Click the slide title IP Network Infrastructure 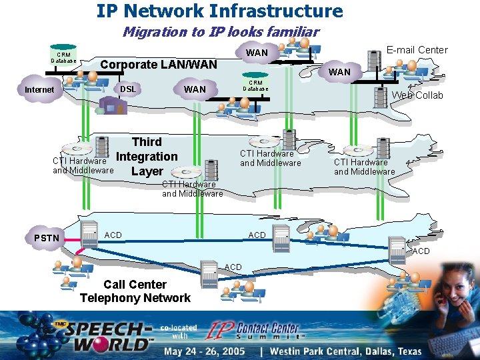click(x=219, y=11)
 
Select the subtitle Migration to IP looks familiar click(x=221, y=31)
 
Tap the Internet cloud click(x=40, y=90)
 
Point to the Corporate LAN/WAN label click(x=158, y=65)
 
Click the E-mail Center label click(x=417, y=50)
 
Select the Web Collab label click(x=417, y=95)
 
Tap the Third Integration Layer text click(x=147, y=157)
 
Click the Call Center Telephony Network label click(x=135, y=291)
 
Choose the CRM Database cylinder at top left click(x=63, y=58)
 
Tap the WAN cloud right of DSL click(x=195, y=89)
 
